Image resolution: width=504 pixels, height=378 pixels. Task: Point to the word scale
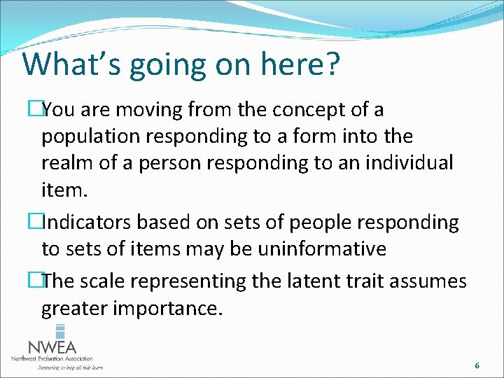[x=104, y=281]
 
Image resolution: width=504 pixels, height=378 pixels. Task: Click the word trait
[x=363, y=281]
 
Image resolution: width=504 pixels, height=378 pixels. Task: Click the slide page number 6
[x=477, y=365]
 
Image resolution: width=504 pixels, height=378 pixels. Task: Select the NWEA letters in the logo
[x=52, y=347]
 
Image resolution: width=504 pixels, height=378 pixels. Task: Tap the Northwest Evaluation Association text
[x=52, y=359]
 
